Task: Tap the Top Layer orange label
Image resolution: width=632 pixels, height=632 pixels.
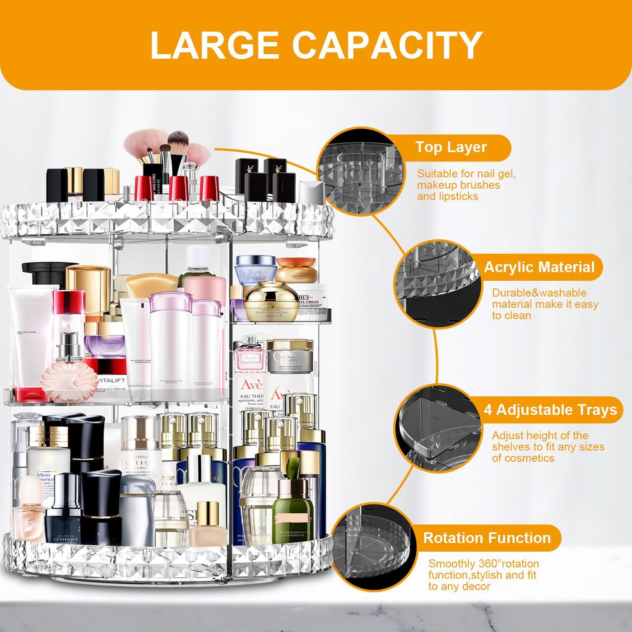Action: point(451,147)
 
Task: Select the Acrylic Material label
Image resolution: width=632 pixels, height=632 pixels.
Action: point(539,267)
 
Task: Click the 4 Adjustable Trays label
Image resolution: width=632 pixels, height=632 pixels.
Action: point(550,410)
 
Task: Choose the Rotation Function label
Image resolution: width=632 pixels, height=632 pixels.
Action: point(487,538)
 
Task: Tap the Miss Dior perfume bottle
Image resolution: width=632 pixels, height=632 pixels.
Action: point(249,357)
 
